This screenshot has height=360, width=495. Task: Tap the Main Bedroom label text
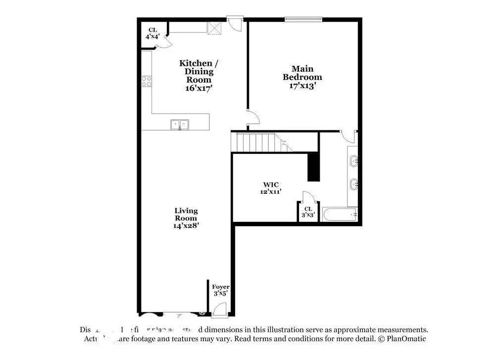tap(302, 73)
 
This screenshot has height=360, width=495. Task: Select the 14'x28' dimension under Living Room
tap(186, 225)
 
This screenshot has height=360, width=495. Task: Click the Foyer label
tap(221, 287)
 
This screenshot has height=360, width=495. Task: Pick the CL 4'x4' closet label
tap(152, 33)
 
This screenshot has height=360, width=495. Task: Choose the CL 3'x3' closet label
tap(308, 212)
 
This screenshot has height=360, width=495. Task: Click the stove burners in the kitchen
tap(147, 81)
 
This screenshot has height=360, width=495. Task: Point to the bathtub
tap(340, 215)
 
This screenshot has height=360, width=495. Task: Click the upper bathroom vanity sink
tap(353, 160)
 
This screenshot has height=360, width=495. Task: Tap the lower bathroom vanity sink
tap(353, 185)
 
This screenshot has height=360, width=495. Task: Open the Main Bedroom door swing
tap(253, 117)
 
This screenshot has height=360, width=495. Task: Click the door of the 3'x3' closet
tap(306, 196)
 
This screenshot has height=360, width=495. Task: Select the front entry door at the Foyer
tap(218, 309)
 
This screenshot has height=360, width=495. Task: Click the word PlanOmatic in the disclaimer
tap(407, 339)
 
